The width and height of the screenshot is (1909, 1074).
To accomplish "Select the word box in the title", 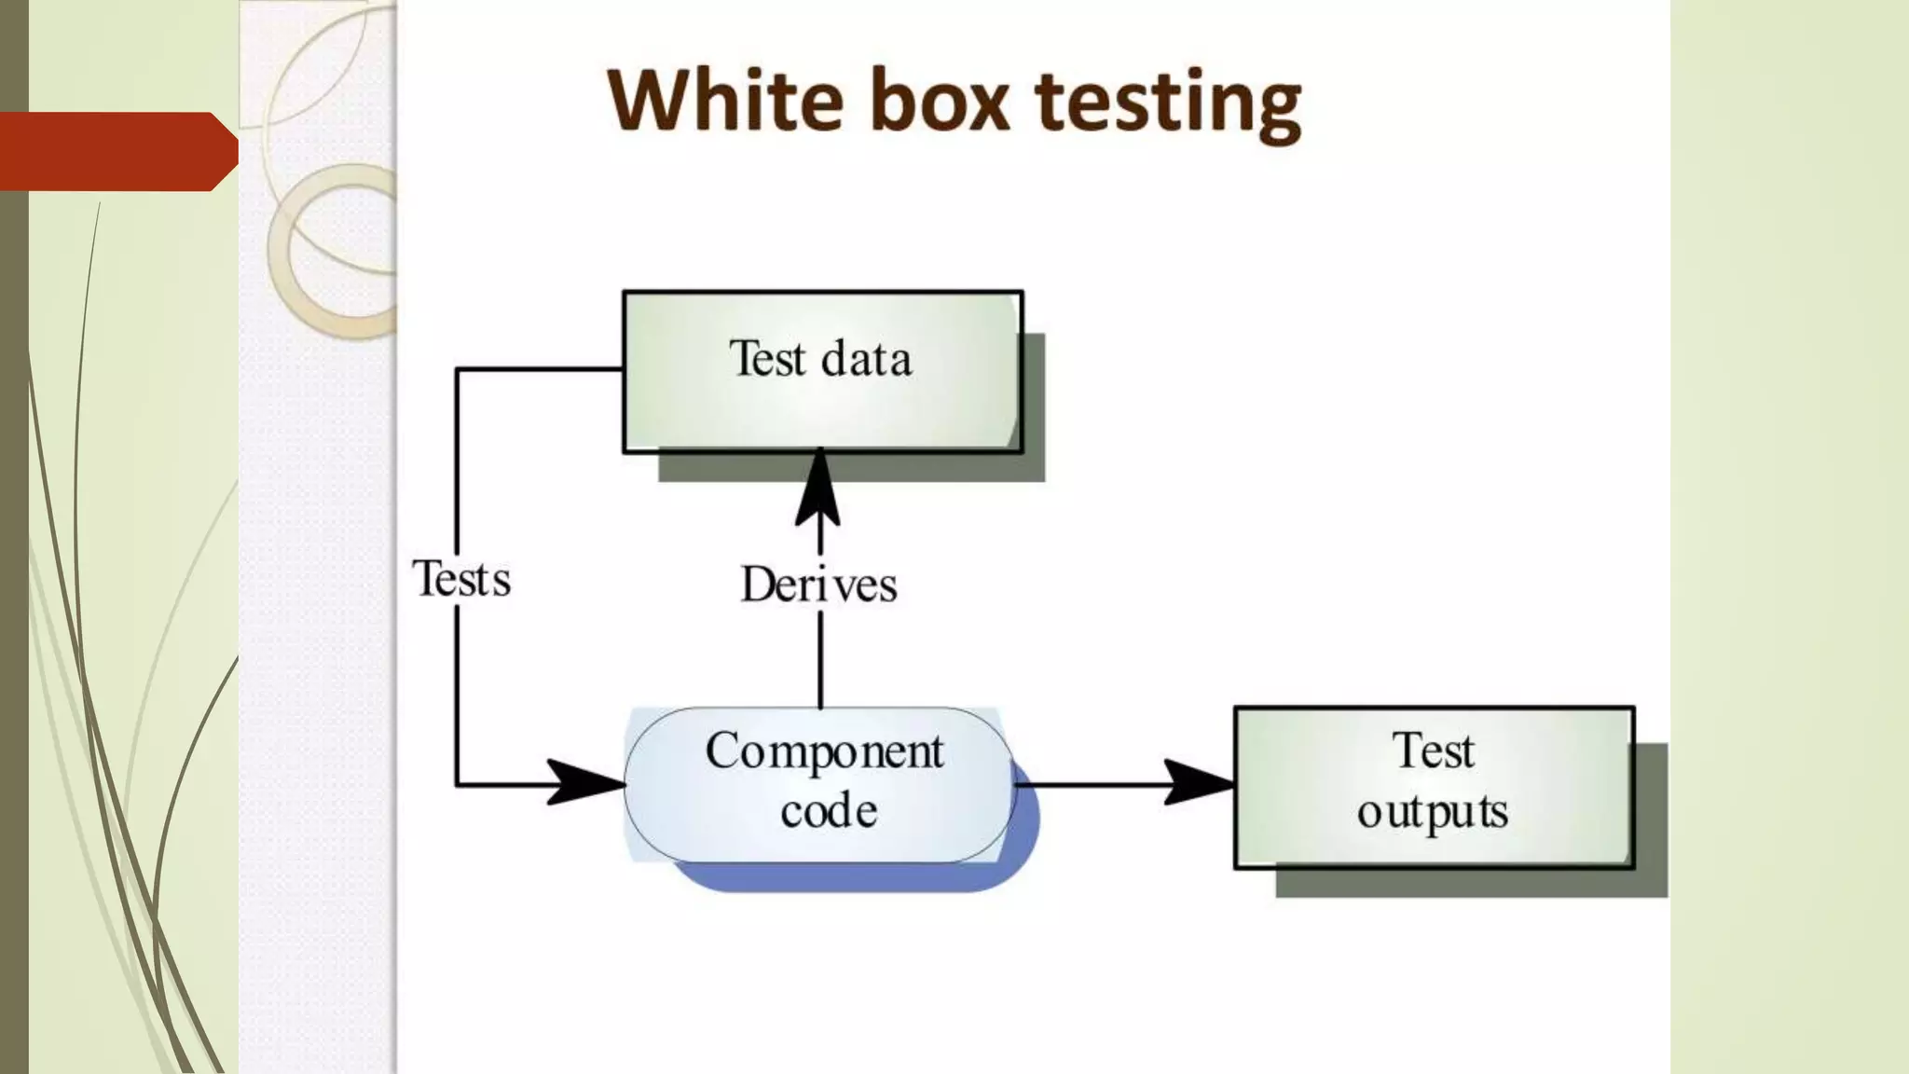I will [940, 100].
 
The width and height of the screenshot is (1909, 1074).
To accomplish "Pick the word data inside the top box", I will [866, 360].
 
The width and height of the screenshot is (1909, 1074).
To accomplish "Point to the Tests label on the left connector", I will [461, 579].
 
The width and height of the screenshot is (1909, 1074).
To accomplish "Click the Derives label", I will [819, 585].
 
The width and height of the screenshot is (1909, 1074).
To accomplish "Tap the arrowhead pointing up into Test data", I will [819, 489].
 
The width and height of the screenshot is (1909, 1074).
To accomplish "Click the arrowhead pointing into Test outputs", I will [1199, 783].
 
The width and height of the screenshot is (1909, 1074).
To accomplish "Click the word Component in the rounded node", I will [825, 751].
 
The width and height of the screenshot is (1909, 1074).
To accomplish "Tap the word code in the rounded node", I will [829, 811].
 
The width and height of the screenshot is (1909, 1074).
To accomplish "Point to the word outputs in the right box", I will [1433, 811].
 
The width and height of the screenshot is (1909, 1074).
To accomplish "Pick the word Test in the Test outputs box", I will [1434, 750].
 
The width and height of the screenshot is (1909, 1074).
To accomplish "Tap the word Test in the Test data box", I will [767, 359].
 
